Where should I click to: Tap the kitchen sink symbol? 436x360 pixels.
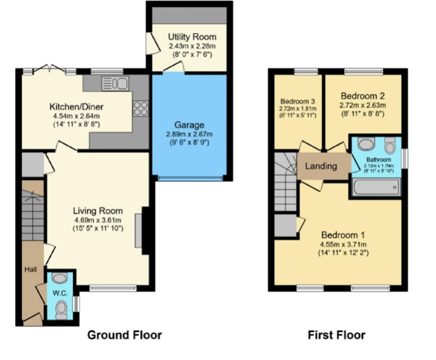(x=114, y=83)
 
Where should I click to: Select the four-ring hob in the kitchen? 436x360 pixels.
(x=140, y=108)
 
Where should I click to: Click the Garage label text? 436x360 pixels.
(x=190, y=124)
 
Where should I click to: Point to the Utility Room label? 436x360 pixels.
(x=188, y=37)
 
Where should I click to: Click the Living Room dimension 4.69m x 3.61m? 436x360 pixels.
(x=97, y=220)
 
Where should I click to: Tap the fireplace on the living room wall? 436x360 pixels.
(x=139, y=231)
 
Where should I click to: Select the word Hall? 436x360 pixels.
(x=31, y=270)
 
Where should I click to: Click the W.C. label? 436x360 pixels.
(x=60, y=293)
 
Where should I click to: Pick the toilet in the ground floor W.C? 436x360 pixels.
(x=61, y=311)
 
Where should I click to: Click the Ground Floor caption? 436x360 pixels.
(x=124, y=334)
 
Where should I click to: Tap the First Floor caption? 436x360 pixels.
(x=336, y=334)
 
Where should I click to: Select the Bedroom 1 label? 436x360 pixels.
(x=343, y=235)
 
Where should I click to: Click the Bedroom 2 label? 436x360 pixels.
(x=362, y=96)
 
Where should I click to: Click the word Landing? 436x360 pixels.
(x=321, y=166)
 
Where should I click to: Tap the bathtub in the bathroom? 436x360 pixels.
(x=376, y=187)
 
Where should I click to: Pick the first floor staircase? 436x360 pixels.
(x=285, y=177)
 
